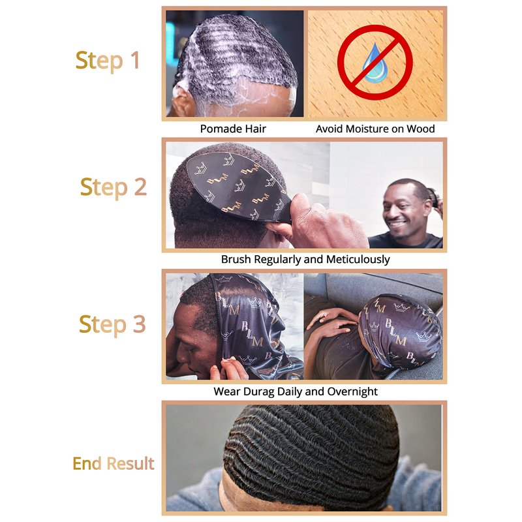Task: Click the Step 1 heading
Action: [x=107, y=61]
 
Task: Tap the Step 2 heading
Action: [x=114, y=187]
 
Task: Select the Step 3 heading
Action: [x=112, y=324]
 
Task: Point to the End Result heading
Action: [x=114, y=463]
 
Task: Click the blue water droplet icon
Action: [x=374, y=63]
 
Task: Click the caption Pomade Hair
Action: [x=233, y=129]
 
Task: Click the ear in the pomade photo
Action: [x=181, y=101]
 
